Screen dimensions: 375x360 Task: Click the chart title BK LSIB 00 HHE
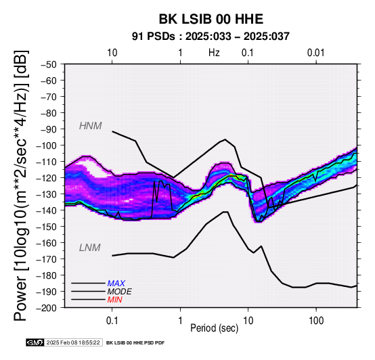pyautogui.click(x=211, y=19)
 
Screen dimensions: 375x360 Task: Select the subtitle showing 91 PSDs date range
pyautogui.click(x=211, y=37)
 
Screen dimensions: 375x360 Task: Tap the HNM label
pyautogui.click(x=91, y=126)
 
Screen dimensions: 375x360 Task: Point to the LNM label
pyautogui.click(x=89, y=248)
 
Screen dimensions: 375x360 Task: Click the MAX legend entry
pyautogui.click(x=116, y=284)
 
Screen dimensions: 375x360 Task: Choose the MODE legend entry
pyautogui.click(x=119, y=292)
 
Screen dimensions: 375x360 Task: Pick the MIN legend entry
pyautogui.click(x=115, y=300)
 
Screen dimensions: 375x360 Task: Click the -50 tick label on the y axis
pyautogui.click(x=49, y=64)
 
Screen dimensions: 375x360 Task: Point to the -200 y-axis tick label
pyautogui.click(x=47, y=308)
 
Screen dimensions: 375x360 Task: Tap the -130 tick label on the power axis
pyautogui.click(x=47, y=194)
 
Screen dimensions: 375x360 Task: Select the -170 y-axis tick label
pyautogui.click(x=47, y=259)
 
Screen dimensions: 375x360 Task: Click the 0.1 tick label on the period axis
pyautogui.click(x=112, y=320)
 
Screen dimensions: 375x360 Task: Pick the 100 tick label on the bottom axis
pyautogui.click(x=316, y=320)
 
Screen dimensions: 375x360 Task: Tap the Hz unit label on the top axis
pyautogui.click(x=214, y=53)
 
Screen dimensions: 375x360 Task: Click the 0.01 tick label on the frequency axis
pyautogui.click(x=315, y=53)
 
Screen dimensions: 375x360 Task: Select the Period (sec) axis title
pyautogui.click(x=215, y=328)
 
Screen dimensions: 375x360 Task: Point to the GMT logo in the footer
pyautogui.click(x=35, y=342)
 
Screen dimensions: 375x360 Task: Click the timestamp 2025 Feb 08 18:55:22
pyautogui.click(x=73, y=342)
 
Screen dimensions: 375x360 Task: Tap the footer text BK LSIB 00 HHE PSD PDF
pyautogui.click(x=135, y=343)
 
